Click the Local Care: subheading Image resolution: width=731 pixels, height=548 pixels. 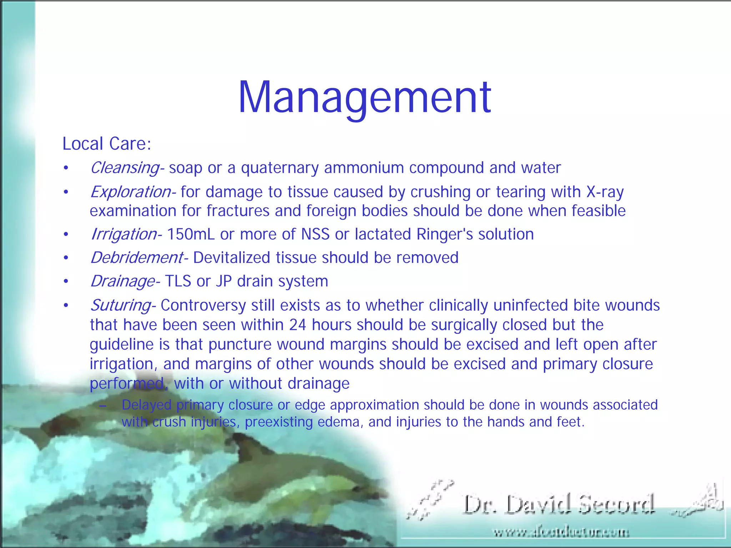(x=107, y=144)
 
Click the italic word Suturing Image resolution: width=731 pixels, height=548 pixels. (x=121, y=305)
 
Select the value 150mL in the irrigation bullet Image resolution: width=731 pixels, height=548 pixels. (x=191, y=234)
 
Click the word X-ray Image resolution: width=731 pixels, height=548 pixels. (x=605, y=192)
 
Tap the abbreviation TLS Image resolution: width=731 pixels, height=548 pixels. (x=178, y=281)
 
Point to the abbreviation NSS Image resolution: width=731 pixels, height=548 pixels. (x=315, y=234)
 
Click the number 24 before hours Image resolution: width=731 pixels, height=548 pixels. (x=297, y=325)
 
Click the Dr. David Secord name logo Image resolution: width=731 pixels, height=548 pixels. (x=559, y=504)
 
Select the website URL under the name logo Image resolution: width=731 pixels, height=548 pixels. (x=561, y=533)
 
